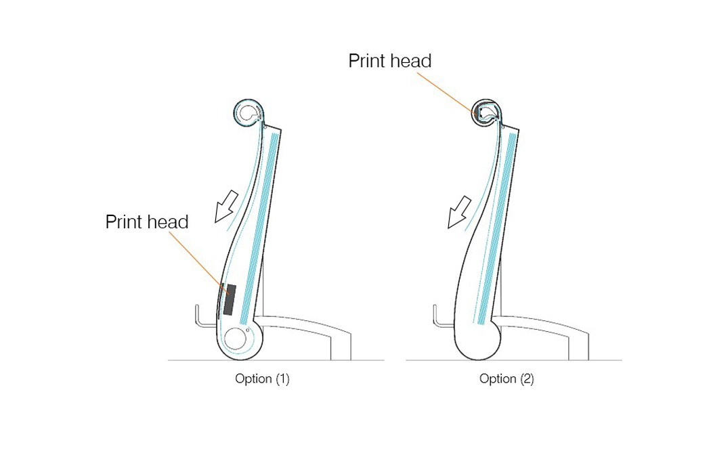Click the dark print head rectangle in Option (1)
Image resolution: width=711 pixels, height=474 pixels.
point(230,299)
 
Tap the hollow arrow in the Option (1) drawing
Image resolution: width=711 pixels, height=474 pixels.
point(223,206)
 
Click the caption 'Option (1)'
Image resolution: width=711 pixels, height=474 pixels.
point(262,379)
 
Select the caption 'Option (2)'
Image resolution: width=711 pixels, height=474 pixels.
point(507,379)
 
